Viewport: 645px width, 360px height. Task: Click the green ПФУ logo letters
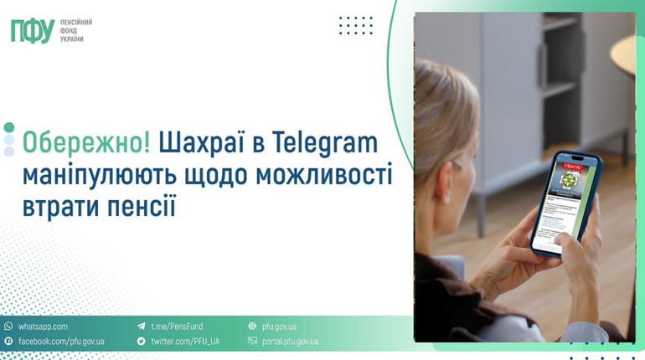click(32, 31)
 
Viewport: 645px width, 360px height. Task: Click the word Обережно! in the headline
click(86, 142)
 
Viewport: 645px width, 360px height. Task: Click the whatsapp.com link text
click(43, 327)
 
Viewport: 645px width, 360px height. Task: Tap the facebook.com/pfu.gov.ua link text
click(61, 342)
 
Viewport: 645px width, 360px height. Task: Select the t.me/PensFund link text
click(177, 327)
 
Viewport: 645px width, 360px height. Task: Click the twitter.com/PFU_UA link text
click(185, 342)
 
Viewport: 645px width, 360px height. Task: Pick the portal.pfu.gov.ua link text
click(290, 342)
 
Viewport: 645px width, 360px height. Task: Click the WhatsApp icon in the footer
click(8, 327)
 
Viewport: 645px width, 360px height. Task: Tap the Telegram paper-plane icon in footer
click(142, 327)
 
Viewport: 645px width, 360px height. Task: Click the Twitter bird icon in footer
click(142, 342)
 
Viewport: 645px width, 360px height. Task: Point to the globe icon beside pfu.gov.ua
click(252, 327)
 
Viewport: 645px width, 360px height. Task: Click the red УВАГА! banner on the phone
click(571, 167)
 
